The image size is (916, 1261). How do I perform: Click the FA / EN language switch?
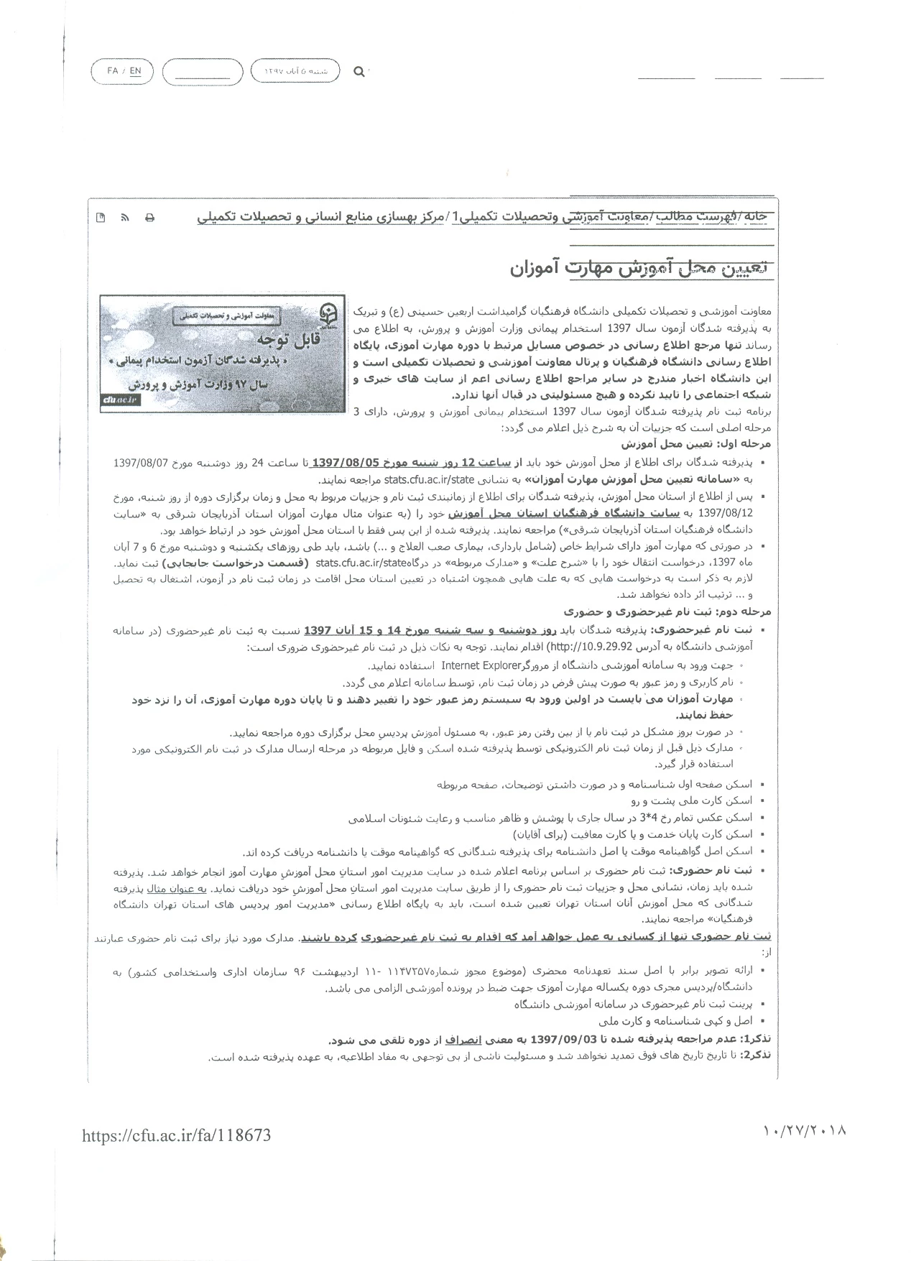point(124,71)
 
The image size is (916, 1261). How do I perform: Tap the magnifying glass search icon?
point(358,71)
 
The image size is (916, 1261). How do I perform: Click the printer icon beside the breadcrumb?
point(149,218)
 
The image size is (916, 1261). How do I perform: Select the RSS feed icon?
point(125,218)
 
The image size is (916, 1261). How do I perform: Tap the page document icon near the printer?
point(101,218)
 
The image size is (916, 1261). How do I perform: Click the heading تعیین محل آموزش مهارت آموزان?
point(639,268)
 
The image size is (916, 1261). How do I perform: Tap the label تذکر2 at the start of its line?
point(757,1055)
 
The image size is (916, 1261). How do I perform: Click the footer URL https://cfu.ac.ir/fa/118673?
point(177,1135)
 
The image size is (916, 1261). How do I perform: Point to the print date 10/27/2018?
point(805,1130)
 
